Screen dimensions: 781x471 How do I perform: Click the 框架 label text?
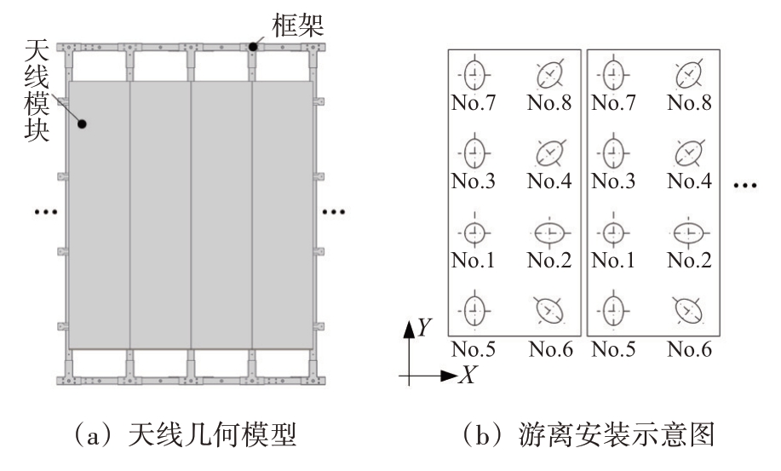298,25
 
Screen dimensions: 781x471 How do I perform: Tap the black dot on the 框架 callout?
253,47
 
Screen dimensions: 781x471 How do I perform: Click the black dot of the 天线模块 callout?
82,123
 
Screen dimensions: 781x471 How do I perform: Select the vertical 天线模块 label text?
37,90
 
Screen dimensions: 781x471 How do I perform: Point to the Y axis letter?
424,327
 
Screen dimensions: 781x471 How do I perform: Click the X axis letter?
468,375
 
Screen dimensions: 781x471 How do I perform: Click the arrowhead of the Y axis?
409,330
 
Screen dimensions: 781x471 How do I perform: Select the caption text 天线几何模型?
213,434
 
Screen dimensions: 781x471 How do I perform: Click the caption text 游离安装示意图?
617,434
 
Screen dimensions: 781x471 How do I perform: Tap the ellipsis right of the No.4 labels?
745,186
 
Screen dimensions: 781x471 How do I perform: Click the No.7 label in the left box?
474,102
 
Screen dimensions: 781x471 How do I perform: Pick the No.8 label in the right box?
689,102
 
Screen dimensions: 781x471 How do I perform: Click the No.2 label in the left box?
549,260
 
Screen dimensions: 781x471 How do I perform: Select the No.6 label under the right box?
689,349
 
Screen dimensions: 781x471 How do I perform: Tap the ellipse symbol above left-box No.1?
474,233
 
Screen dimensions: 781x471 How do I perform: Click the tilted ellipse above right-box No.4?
689,152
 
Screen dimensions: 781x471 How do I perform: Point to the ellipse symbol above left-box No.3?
474,152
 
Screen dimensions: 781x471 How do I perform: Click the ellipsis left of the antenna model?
46,212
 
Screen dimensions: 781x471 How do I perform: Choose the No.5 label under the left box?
474,349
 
